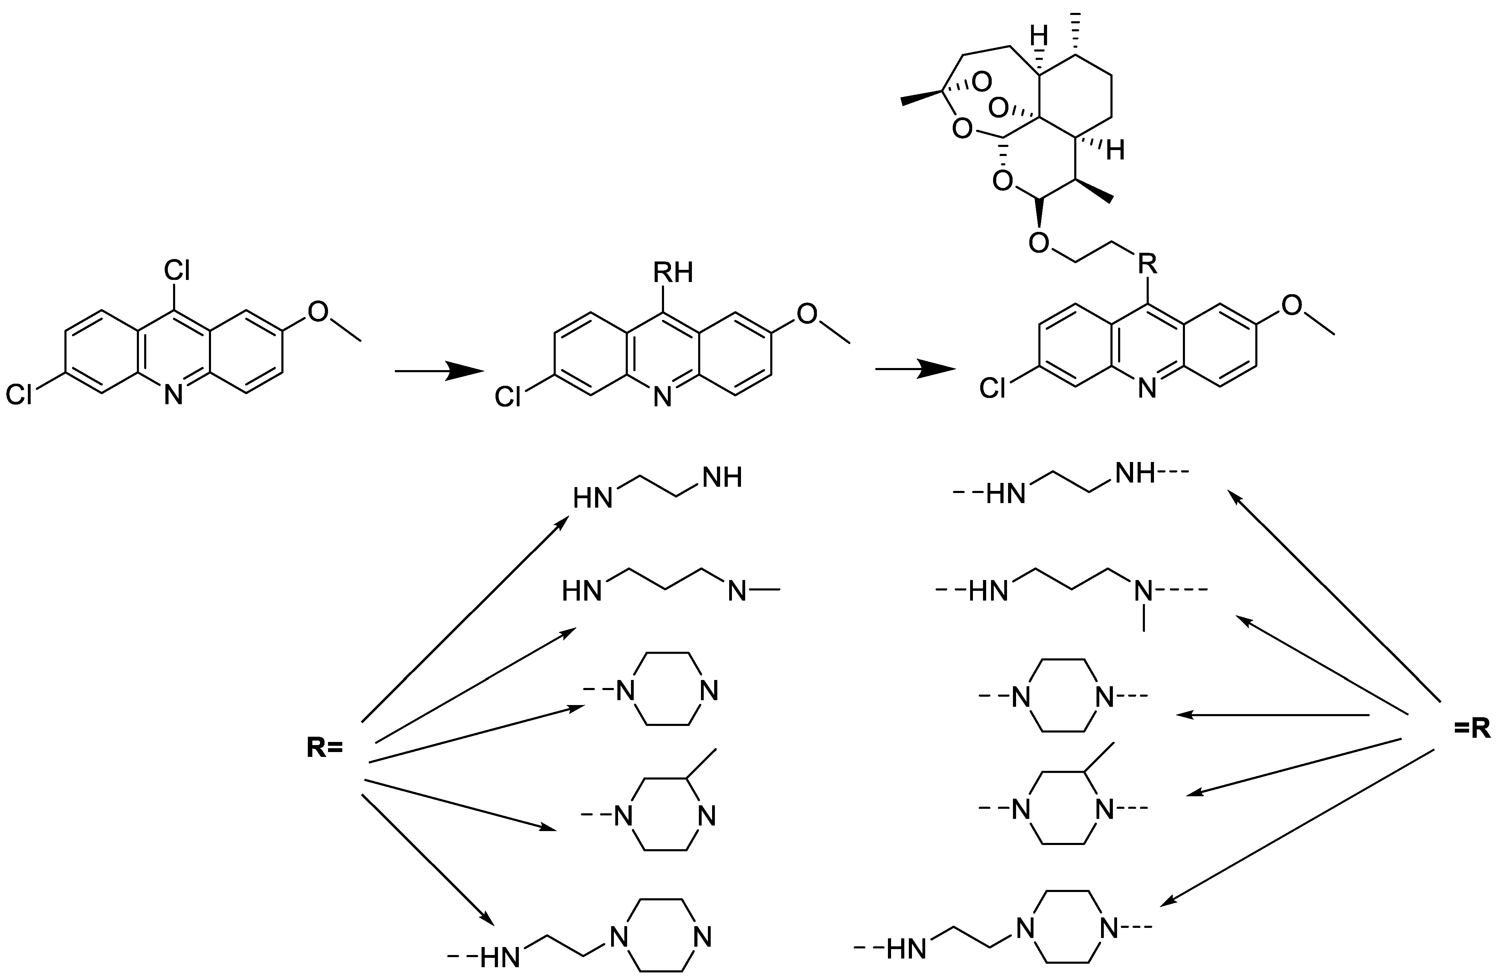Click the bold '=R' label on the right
tap(1472, 729)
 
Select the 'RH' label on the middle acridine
tap(673, 273)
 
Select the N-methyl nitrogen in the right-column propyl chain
tap(1144, 591)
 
